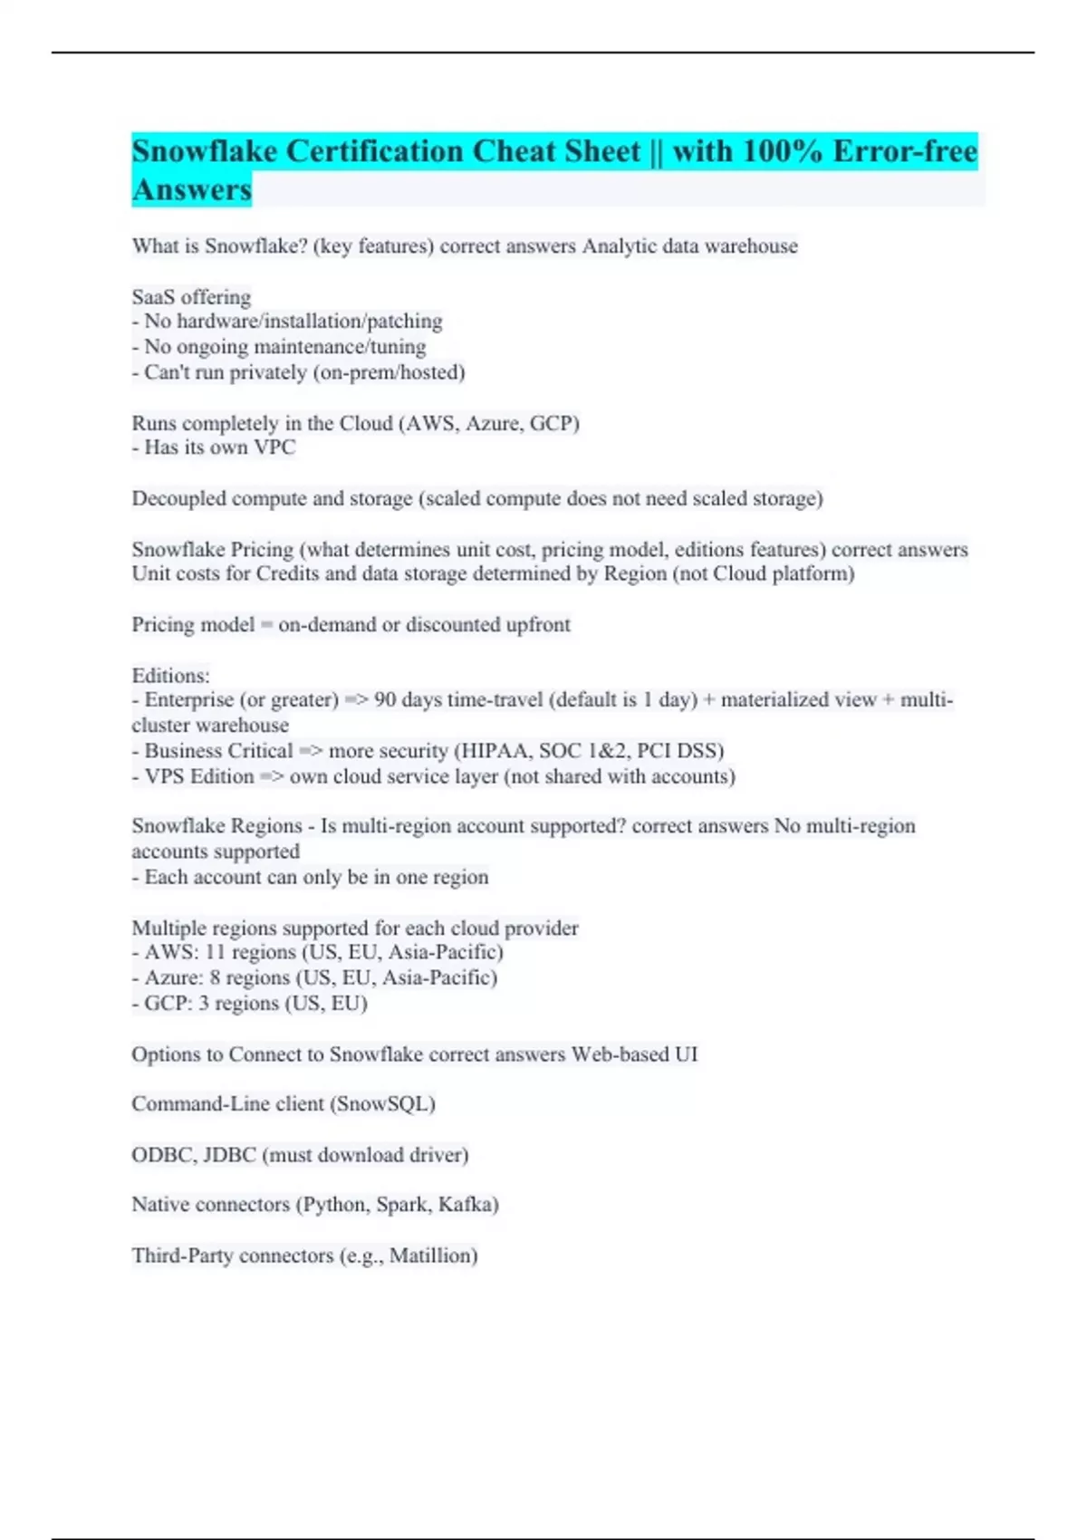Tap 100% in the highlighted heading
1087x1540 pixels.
(x=780, y=151)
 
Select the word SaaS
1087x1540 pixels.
(x=153, y=297)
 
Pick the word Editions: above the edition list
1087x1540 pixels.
(x=170, y=676)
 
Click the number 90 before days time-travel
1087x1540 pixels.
(x=385, y=700)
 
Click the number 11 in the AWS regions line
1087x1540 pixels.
(x=215, y=952)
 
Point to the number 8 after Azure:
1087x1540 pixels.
(x=215, y=977)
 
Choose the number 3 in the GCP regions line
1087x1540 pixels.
(x=204, y=1003)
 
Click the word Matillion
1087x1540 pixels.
(x=431, y=1256)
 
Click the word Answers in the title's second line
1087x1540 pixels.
(x=191, y=190)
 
